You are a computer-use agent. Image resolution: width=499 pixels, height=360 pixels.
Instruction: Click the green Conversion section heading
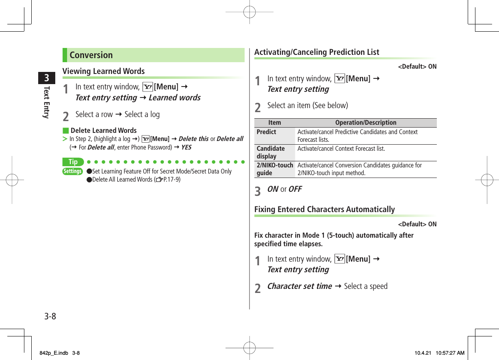click(91, 55)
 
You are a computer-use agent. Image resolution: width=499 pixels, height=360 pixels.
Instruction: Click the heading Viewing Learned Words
click(104, 71)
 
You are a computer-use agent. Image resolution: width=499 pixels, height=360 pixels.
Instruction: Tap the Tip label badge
click(73, 162)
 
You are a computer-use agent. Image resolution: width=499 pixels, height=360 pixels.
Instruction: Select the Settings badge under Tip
click(73, 171)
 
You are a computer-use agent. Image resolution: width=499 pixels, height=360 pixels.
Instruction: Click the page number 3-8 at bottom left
click(50, 316)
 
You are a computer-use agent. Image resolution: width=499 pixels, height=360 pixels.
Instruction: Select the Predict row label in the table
click(266, 132)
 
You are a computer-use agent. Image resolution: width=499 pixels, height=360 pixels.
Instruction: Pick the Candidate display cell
click(271, 152)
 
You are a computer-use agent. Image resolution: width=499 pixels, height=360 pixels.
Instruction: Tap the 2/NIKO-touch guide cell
click(275, 169)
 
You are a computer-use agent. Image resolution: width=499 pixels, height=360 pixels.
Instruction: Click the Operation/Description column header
click(366, 123)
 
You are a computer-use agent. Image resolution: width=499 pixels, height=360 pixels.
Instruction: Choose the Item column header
click(275, 123)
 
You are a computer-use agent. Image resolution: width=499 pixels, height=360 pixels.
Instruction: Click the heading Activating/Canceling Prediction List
click(317, 52)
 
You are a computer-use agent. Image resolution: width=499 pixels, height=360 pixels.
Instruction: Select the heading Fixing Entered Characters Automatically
click(324, 209)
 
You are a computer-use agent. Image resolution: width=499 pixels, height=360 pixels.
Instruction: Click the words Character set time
click(299, 286)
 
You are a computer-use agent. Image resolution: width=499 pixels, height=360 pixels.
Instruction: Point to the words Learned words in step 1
click(174, 98)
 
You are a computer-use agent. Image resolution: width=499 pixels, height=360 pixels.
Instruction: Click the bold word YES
click(186, 147)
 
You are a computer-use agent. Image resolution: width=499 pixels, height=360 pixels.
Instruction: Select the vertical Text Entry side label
click(47, 102)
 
